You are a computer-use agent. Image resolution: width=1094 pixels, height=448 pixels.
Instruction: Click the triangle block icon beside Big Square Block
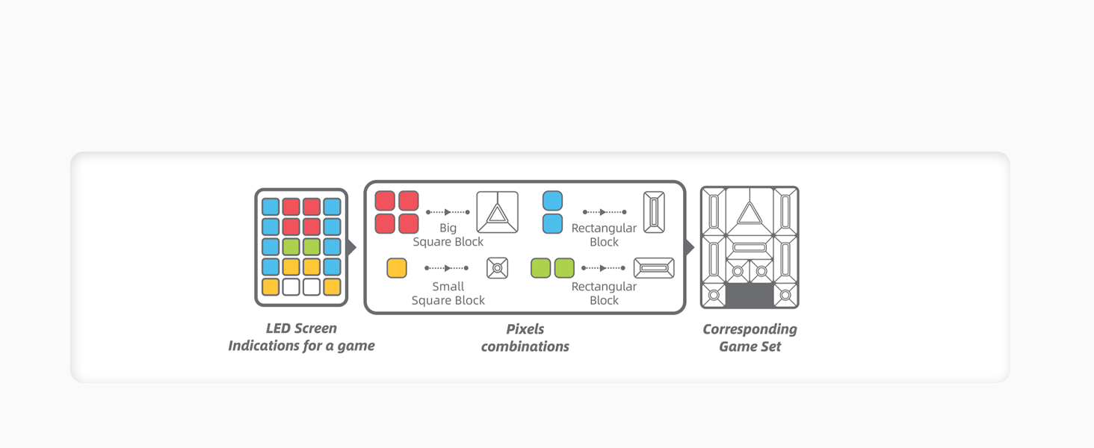pyautogui.click(x=497, y=212)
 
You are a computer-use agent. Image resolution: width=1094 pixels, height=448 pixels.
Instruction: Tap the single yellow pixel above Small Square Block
pyautogui.click(x=397, y=268)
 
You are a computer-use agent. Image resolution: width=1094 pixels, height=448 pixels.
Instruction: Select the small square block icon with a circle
pyautogui.click(x=497, y=268)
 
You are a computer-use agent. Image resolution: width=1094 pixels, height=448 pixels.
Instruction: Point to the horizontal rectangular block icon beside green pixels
pyautogui.click(x=654, y=268)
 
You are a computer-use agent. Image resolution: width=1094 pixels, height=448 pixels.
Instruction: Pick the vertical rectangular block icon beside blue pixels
pyautogui.click(x=654, y=212)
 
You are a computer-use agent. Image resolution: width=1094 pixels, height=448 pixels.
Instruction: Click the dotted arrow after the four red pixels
pyautogui.click(x=447, y=213)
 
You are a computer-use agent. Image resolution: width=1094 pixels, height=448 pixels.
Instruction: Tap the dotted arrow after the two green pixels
pyautogui.click(x=604, y=268)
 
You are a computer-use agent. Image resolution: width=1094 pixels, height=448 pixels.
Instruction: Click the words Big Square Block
pyautogui.click(x=448, y=234)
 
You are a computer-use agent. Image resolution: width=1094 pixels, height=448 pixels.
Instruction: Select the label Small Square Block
pyautogui.click(x=448, y=293)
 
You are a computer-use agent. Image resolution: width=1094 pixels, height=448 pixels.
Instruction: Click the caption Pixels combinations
pyautogui.click(x=525, y=337)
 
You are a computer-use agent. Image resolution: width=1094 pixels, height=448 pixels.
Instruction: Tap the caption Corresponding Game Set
pyautogui.click(x=750, y=337)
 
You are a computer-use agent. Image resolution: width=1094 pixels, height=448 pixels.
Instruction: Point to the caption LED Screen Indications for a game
pyautogui.click(x=301, y=337)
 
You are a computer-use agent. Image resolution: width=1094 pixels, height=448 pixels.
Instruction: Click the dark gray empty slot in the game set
pyautogui.click(x=750, y=295)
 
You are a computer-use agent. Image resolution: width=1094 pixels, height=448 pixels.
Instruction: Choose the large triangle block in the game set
pyautogui.click(x=749, y=214)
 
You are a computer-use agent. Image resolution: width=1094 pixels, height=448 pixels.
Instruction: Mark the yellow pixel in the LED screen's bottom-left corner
pyautogui.click(x=271, y=287)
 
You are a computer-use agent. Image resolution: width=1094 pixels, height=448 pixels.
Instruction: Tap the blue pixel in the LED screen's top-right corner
pyautogui.click(x=332, y=207)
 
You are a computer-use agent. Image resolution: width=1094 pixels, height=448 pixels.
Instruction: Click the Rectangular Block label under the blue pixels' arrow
pyautogui.click(x=604, y=234)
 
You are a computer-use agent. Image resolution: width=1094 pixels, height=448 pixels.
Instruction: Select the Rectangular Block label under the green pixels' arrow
pyautogui.click(x=604, y=293)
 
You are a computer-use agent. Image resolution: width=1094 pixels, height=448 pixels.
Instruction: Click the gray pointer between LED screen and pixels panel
pyautogui.click(x=353, y=247)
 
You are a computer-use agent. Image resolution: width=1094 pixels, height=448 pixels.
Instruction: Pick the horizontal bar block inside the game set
pyautogui.click(x=749, y=247)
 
